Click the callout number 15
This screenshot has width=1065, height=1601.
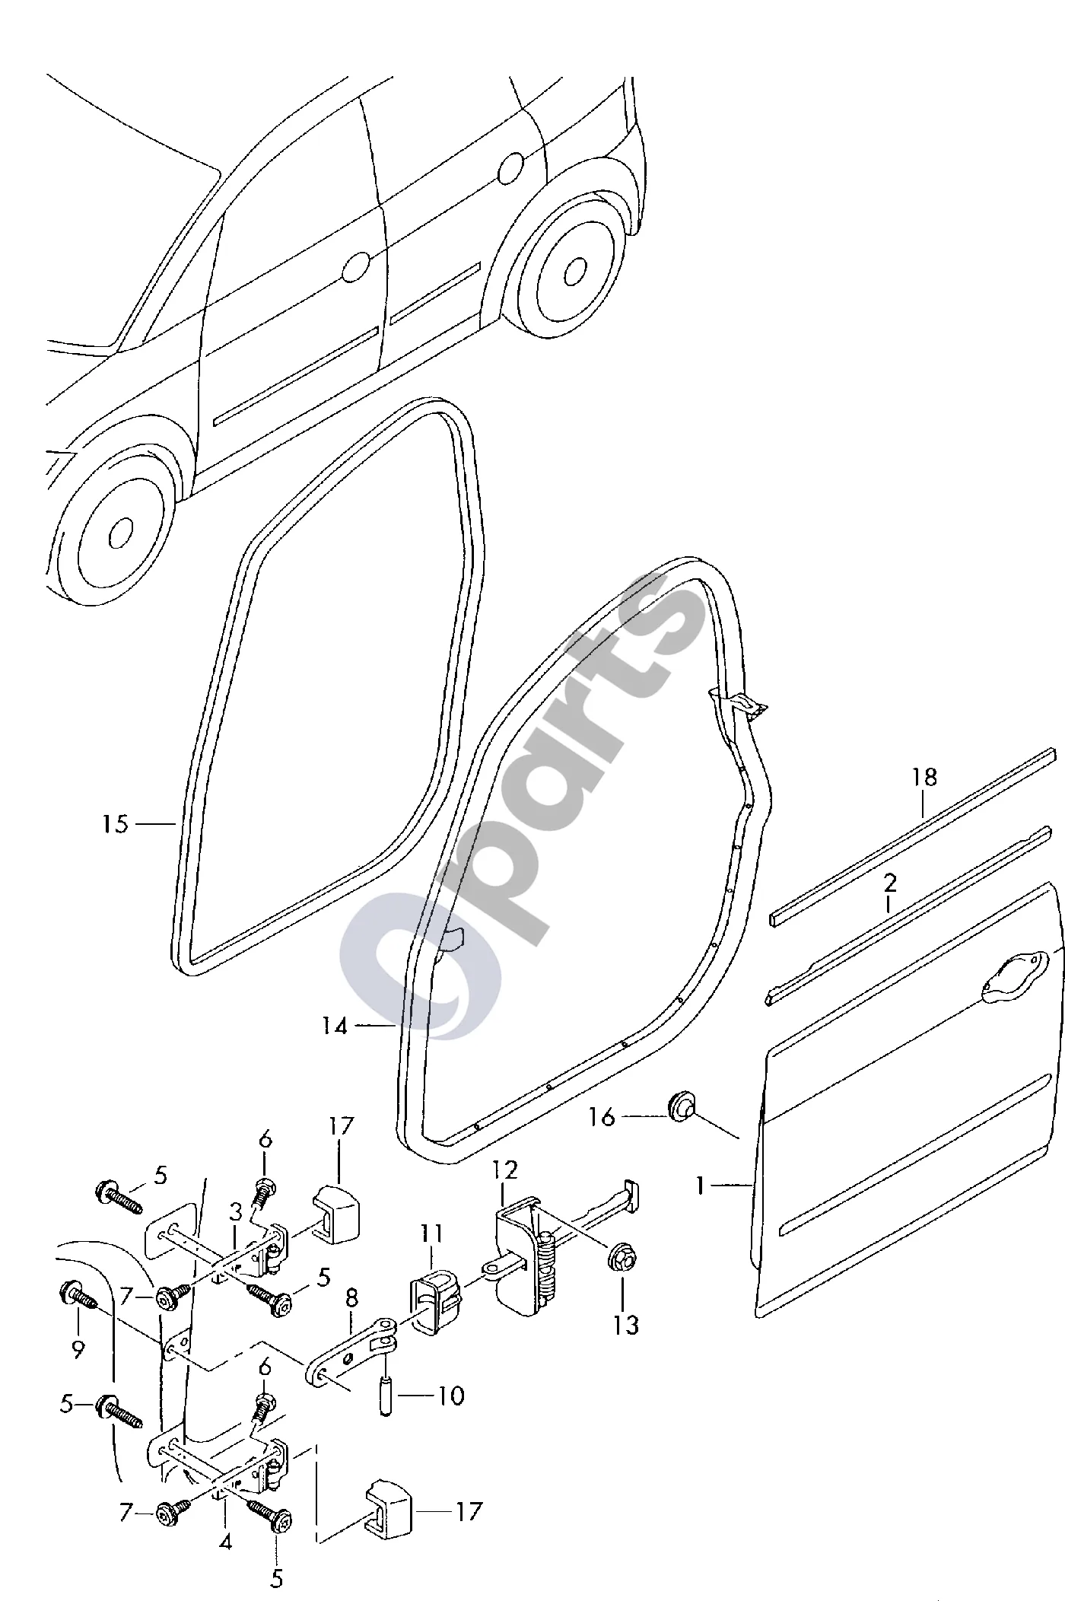pos(116,824)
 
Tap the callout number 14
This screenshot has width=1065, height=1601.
pos(334,1026)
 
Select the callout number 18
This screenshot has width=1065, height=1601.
pos(924,777)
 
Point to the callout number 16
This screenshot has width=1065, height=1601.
pos(601,1118)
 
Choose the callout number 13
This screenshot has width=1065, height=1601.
pos(626,1325)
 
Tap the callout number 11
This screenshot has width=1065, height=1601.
pos(432,1233)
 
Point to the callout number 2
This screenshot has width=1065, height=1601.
pos(890,883)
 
